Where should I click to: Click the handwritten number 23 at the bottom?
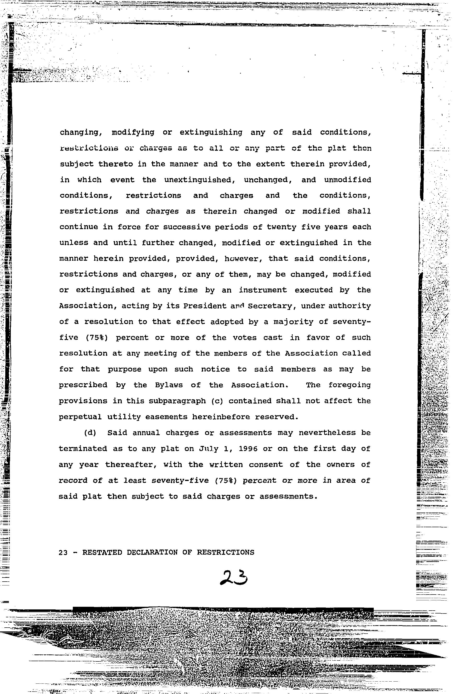point(234,578)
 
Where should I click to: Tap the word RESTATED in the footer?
point(102,552)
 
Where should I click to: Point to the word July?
point(209,449)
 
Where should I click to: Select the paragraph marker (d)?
point(90,433)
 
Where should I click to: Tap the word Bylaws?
point(169,385)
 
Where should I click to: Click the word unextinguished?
point(200,180)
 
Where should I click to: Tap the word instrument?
point(263,290)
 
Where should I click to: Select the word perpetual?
point(80,417)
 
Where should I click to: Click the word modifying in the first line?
point(133,132)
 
